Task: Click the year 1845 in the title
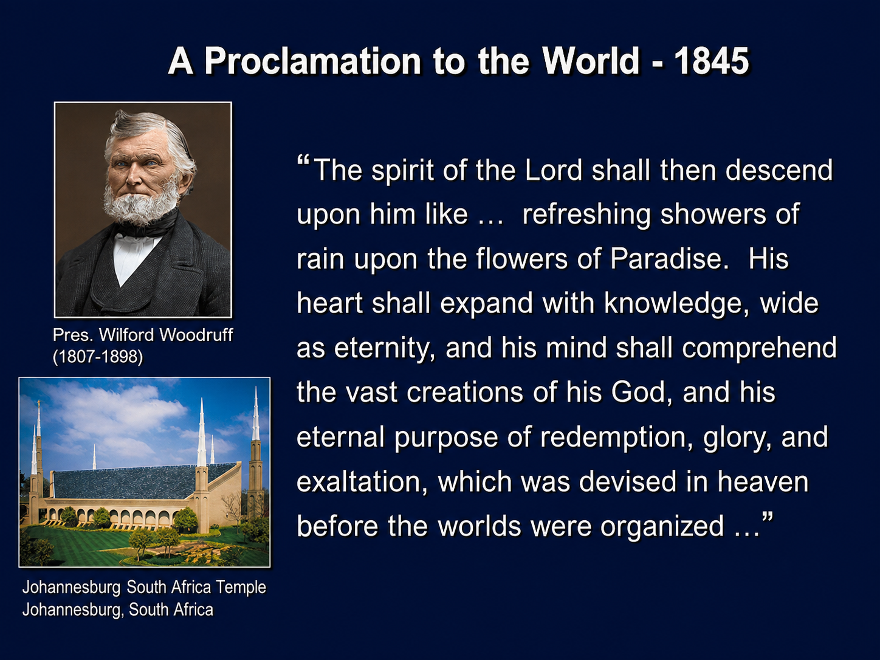coord(712,61)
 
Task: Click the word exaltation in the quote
coord(362,482)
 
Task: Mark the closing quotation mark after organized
coord(766,517)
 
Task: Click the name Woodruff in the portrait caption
coord(196,335)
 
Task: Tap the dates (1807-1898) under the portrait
coord(98,357)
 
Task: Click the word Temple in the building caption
coord(241,588)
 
